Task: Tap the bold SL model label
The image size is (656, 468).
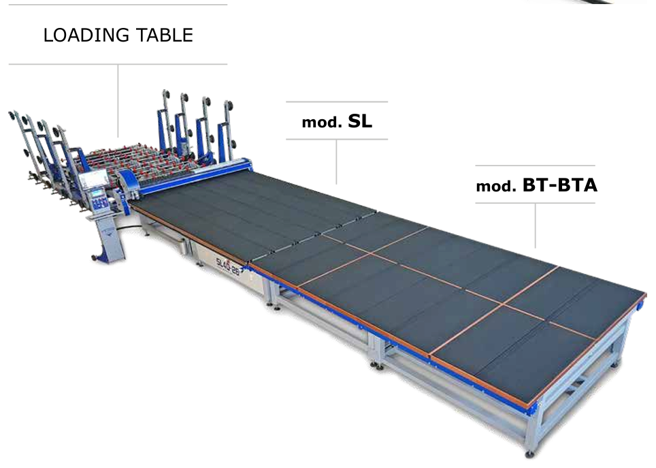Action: (360, 121)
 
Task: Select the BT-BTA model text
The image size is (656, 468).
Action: (560, 185)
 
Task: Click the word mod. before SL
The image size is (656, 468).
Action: (322, 123)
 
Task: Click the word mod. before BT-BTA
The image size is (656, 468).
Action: (496, 187)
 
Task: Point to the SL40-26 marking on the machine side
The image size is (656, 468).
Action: (228, 267)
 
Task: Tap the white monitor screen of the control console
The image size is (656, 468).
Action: (93, 180)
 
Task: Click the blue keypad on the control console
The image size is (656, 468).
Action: (99, 202)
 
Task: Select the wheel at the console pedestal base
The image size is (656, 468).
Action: (95, 258)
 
